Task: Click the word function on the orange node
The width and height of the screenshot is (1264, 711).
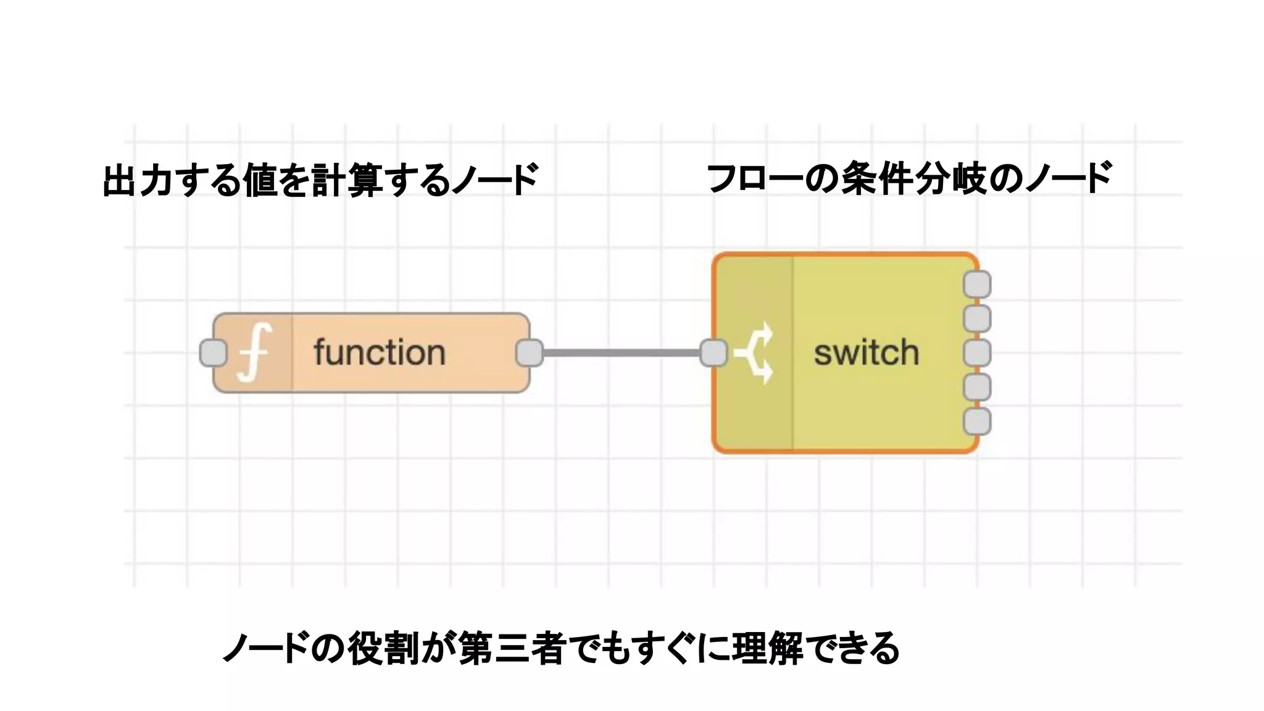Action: (379, 353)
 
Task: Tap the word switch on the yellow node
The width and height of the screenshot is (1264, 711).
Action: (866, 353)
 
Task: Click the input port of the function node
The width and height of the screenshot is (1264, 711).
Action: (214, 353)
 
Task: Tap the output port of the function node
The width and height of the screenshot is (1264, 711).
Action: (530, 353)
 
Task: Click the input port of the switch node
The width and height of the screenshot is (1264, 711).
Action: (713, 353)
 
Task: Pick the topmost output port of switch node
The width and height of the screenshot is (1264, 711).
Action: (977, 285)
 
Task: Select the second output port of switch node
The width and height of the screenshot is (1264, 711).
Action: (977, 319)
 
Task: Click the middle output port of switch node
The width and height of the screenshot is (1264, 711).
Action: (977, 353)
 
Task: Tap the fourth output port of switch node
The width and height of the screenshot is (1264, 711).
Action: (977, 388)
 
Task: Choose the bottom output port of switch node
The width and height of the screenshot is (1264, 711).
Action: (977, 422)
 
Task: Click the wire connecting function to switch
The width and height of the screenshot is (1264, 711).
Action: (622, 353)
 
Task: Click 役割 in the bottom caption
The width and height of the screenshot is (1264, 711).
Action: (383, 648)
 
